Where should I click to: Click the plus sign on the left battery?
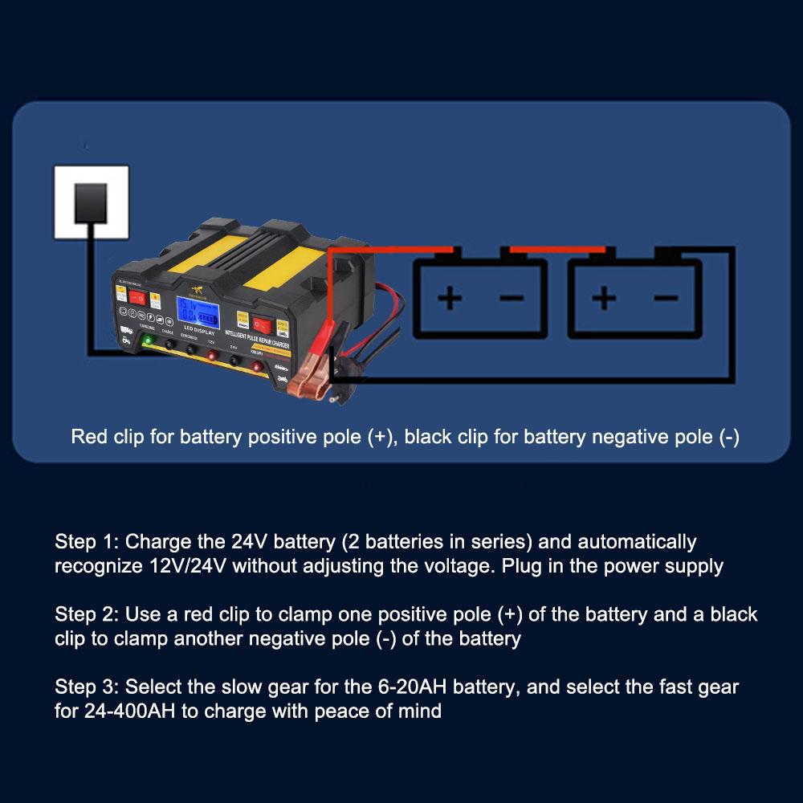[450, 299]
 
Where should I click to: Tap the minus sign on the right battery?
[665, 299]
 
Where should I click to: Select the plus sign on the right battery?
[604, 299]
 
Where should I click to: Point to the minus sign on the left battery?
[512, 299]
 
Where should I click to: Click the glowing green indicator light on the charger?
[148, 341]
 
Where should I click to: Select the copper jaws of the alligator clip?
[309, 387]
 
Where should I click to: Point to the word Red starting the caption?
[88, 438]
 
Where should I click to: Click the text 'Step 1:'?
[88, 542]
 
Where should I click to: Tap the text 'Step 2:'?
[88, 615]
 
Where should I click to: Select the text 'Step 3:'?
[88, 687]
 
